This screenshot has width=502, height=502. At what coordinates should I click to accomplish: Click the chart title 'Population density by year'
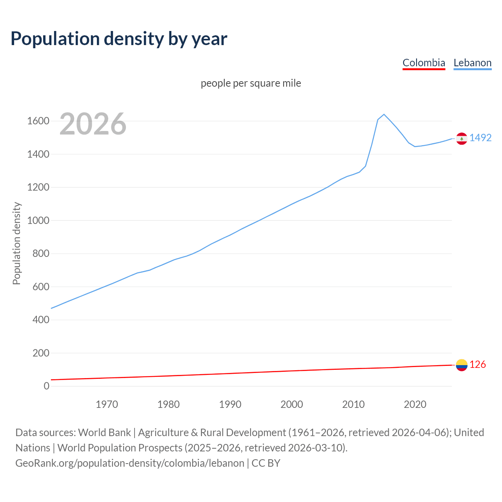pyautogui.click(x=119, y=38)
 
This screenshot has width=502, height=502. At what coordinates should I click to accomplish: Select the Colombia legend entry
pyautogui.click(x=424, y=63)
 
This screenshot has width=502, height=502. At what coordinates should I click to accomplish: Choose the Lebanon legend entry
pyautogui.click(x=472, y=63)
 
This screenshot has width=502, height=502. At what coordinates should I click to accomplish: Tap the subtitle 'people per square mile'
pyautogui.click(x=251, y=83)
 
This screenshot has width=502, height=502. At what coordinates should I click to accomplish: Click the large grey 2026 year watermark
pyautogui.click(x=93, y=124)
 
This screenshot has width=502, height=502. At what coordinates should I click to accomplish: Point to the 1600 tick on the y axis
pyautogui.click(x=38, y=121)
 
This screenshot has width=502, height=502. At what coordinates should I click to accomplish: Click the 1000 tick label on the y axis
pyautogui.click(x=38, y=220)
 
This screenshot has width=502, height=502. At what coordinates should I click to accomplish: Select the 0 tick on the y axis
pyautogui.click(x=47, y=386)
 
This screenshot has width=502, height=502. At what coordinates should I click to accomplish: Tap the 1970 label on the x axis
pyautogui.click(x=107, y=404)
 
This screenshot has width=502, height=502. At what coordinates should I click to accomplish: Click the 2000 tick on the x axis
pyautogui.click(x=292, y=404)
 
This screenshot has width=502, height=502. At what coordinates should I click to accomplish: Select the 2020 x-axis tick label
pyautogui.click(x=415, y=404)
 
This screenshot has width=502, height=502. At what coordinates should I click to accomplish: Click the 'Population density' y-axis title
pyautogui.click(x=16, y=243)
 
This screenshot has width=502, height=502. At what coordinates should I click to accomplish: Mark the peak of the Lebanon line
pyautogui.click(x=384, y=114)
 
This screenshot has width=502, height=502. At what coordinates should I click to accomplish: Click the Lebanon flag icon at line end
pyautogui.click(x=462, y=138)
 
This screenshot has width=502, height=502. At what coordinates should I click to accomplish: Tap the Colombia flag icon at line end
pyautogui.click(x=462, y=365)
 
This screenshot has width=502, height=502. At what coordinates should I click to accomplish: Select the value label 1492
pyautogui.click(x=480, y=138)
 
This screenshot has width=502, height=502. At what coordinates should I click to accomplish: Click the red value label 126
pyautogui.click(x=478, y=364)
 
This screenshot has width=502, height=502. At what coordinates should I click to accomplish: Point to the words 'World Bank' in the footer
pyautogui.click(x=104, y=432)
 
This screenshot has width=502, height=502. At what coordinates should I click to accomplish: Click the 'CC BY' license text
pyautogui.click(x=266, y=463)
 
